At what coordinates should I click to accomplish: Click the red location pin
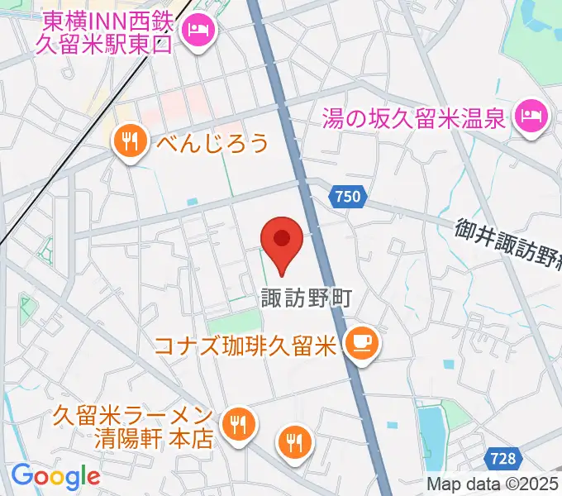point(282,241)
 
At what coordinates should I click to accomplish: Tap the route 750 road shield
point(348,197)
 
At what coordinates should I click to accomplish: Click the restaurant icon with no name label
point(295,440)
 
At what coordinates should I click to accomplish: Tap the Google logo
point(55,476)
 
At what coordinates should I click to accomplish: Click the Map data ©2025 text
point(493,484)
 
